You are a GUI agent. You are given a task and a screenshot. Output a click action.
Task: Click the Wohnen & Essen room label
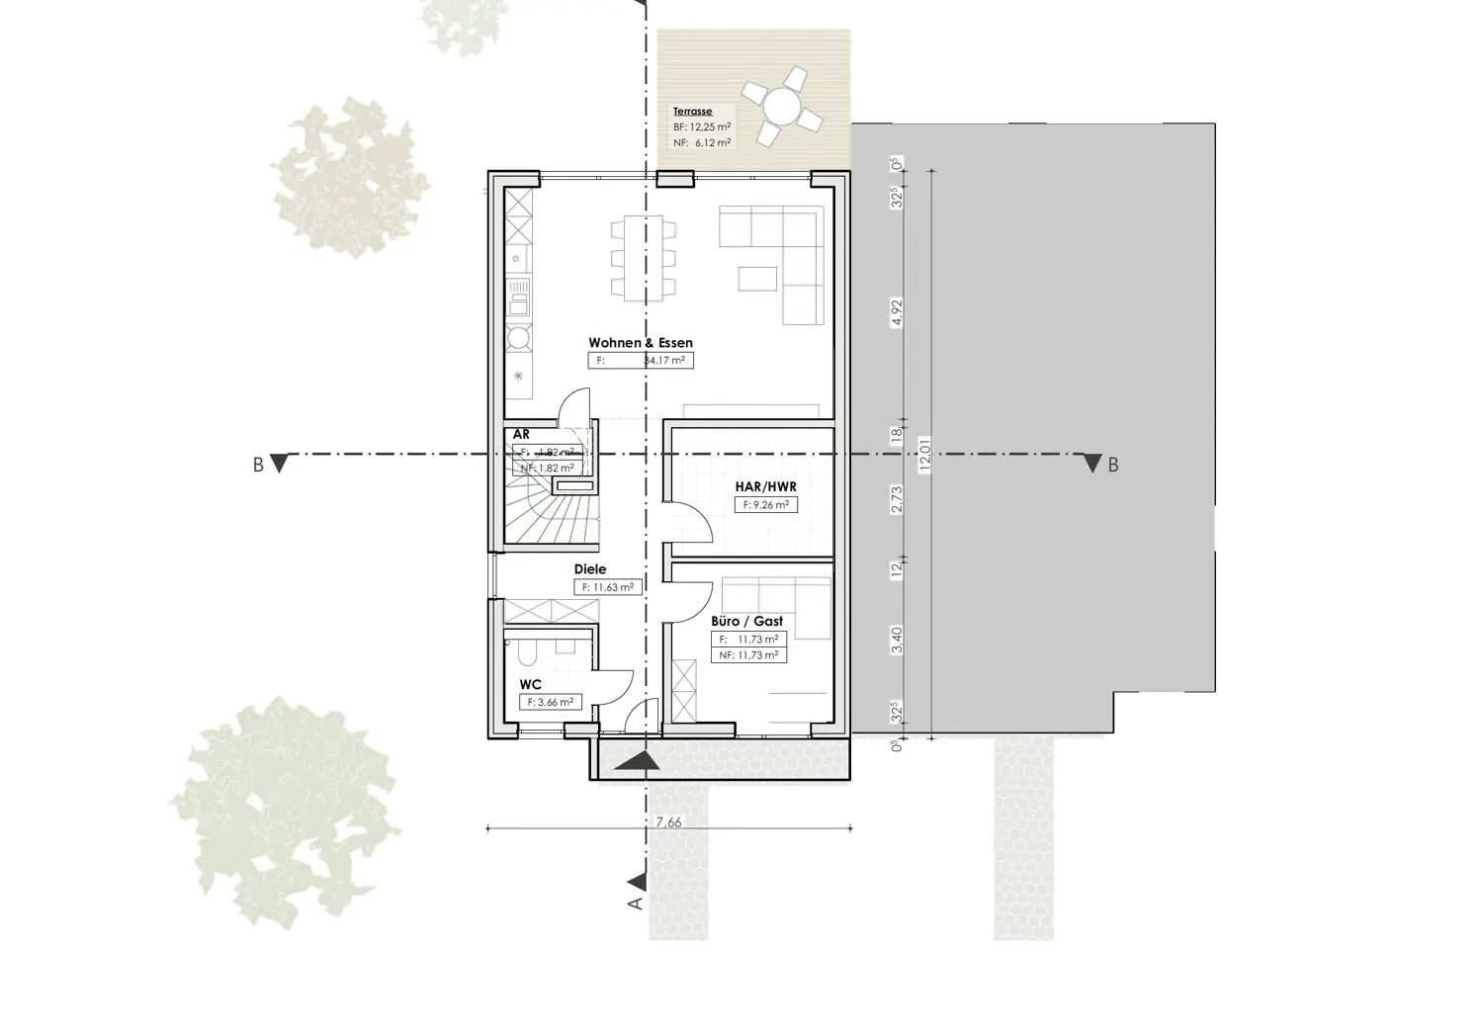(641, 343)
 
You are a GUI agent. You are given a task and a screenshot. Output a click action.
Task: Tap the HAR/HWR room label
(765, 486)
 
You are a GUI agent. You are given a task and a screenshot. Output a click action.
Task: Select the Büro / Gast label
(746, 621)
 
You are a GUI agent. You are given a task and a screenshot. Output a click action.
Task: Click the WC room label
(530, 684)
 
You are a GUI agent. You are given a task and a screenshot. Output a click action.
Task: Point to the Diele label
(590, 569)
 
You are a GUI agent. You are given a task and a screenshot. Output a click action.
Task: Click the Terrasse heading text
(692, 112)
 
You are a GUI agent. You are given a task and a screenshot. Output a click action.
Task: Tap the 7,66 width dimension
(668, 822)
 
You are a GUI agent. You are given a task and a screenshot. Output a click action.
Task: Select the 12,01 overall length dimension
(925, 455)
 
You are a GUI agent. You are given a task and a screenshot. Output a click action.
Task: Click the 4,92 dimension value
(898, 312)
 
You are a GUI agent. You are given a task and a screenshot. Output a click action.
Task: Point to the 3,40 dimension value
(898, 640)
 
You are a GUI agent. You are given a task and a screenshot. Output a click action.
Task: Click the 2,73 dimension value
(898, 499)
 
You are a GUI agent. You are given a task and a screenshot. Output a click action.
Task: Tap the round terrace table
(781, 105)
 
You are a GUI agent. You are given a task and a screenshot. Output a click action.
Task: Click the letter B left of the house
(258, 465)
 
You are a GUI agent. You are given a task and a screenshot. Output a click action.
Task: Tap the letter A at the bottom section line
(637, 903)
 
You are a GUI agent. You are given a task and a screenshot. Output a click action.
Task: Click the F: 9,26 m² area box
(766, 505)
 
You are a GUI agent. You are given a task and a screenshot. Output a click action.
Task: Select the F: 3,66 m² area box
(551, 702)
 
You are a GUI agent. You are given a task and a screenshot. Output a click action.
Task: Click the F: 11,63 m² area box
(607, 587)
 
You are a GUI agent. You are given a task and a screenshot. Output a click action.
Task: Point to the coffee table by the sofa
(757, 278)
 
